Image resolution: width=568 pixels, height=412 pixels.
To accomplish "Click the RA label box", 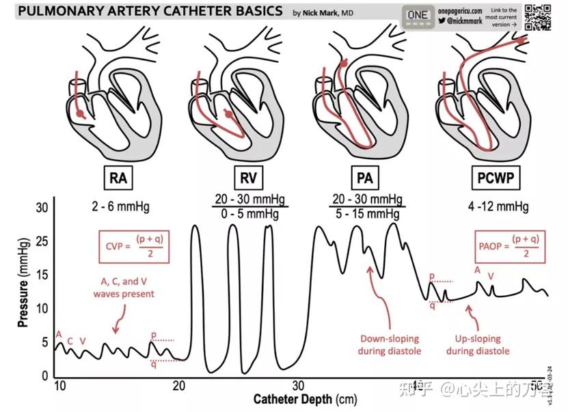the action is tap(118, 178).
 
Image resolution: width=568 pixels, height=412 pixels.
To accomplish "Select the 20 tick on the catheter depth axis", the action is tap(180, 386).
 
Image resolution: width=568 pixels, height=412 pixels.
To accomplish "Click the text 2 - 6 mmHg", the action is tap(120, 205).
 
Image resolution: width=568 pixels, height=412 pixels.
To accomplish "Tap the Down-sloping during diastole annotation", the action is tap(390, 345).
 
